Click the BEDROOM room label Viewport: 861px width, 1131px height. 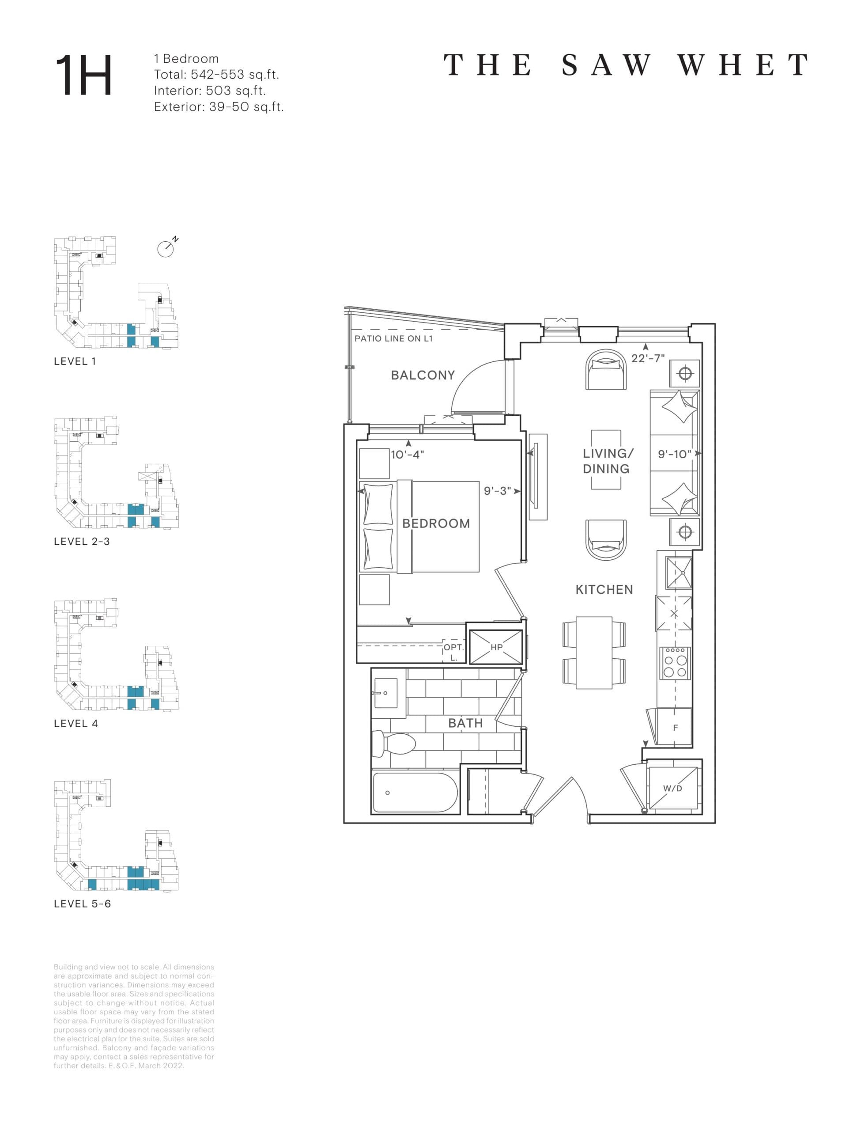436,524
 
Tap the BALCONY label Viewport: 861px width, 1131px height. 423,375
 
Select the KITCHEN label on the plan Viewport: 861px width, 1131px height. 604,590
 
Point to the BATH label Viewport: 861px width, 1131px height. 465,723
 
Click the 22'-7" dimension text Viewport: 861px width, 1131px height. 648,358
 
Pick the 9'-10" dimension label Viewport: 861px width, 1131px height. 675,454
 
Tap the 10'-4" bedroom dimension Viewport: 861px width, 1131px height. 408,454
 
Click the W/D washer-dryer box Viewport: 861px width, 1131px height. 672,789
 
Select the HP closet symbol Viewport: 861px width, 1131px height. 496,647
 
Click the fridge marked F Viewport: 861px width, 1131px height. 675,727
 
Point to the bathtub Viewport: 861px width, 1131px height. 415,793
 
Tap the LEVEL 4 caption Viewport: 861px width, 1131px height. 76,723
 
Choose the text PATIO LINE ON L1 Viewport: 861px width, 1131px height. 393,338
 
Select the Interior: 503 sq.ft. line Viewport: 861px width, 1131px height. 210,91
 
